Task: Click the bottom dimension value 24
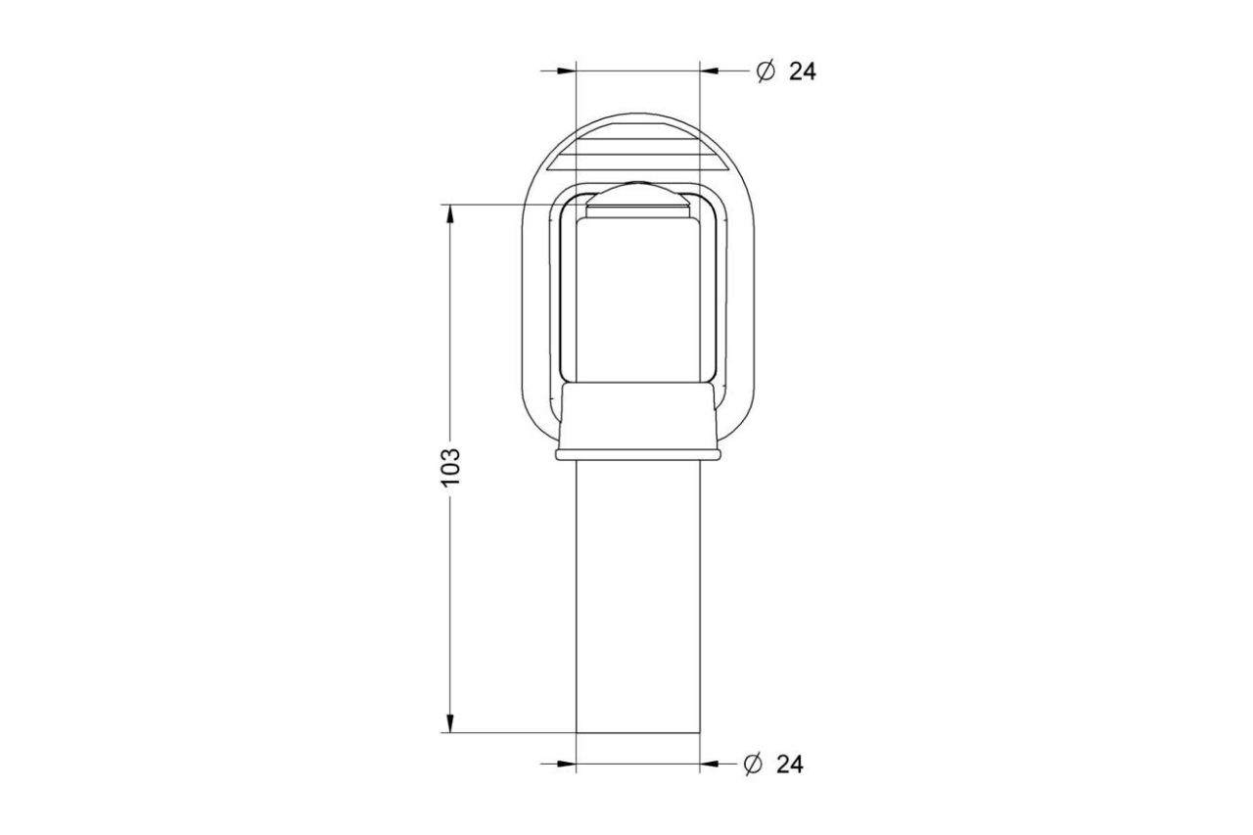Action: click(789, 765)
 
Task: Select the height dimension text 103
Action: click(449, 468)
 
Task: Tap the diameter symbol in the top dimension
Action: click(766, 70)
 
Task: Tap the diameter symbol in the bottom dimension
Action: click(753, 765)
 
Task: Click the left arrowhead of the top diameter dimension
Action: click(566, 70)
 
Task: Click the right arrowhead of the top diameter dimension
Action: click(710, 70)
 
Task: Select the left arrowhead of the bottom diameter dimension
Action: click(566, 764)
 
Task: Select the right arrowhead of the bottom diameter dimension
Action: click(710, 764)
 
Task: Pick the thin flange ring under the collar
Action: click(637, 455)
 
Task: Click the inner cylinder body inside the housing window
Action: click(637, 303)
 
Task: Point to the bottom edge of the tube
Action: click(637, 732)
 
